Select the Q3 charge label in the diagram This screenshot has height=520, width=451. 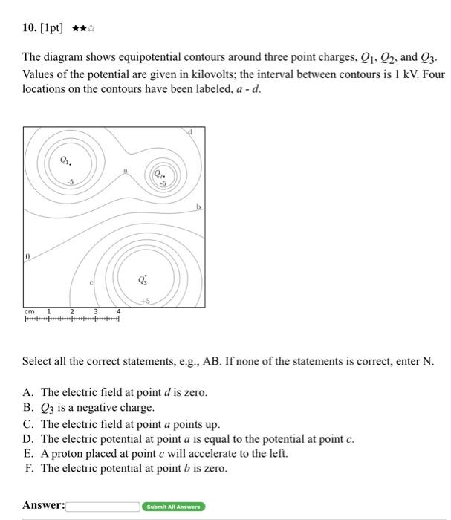click(x=143, y=280)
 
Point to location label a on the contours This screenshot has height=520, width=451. click(x=126, y=170)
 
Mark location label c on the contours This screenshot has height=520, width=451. click(x=91, y=283)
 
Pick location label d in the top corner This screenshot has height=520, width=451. click(x=190, y=131)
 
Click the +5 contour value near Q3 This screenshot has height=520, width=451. click(x=145, y=301)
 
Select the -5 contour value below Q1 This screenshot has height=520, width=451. click(x=70, y=181)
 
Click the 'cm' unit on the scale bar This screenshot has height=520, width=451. click(x=29, y=311)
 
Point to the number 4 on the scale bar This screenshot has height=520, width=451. click(x=118, y=311)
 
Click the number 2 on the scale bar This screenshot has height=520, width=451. click(x=72, y=311)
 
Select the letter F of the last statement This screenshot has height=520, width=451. click(x=27, y=468)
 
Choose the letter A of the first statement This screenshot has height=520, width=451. click(x=27, y=391)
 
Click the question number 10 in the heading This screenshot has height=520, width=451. click(x=29, y=27)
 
